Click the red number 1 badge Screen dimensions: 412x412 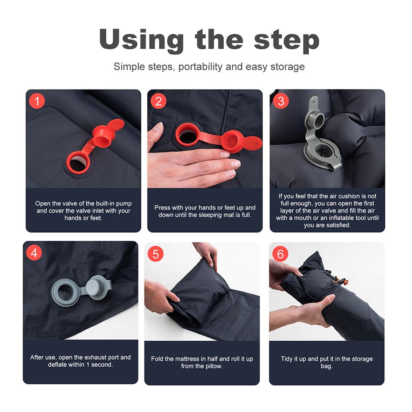tap(37, 101)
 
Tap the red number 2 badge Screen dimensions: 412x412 tap(159, 101)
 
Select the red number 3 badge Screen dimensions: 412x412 tap(281, 101)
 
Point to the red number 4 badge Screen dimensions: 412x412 tap(34, 253)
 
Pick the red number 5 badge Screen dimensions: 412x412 tap(156, 254)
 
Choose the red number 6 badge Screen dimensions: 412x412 tap(280, 254)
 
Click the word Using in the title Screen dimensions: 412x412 tap(141, 40)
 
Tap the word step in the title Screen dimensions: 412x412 tap(287, 40)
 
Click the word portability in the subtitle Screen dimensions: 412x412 tap(201, 67)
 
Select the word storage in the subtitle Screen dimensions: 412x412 tap(288, 67)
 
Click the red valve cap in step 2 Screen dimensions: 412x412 tap(232, 141)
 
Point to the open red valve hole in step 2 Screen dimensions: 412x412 tap(187, 134)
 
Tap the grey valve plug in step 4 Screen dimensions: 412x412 tap(96, 288)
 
